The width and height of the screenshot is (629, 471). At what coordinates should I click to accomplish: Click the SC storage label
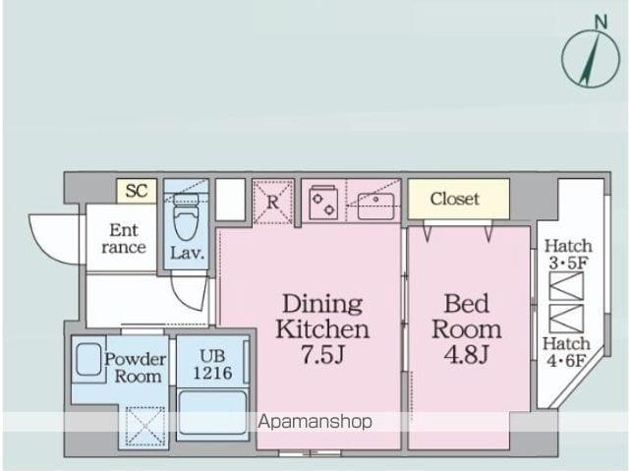pos(137,191)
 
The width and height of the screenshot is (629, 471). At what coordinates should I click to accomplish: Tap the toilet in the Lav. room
pos(186,217)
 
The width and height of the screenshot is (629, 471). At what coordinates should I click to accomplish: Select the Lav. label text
pos(187,253)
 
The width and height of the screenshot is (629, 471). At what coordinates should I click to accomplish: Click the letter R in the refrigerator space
pos(272,203)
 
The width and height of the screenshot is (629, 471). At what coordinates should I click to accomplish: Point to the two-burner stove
pos(323,203)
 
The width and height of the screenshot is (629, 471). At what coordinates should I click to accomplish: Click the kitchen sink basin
pos(375,206)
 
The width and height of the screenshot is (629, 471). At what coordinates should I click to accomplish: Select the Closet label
pos(455,199)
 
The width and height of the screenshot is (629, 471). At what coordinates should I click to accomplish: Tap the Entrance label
pos(124,239)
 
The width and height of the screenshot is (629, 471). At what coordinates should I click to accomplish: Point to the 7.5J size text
pos(322,354)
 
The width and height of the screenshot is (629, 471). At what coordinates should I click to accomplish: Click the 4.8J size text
pos(466,354)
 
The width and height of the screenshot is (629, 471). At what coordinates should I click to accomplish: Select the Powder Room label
pos(136,368)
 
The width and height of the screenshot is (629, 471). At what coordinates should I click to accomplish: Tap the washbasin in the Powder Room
pos(88,360)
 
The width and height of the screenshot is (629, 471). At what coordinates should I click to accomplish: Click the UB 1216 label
pos(212,365)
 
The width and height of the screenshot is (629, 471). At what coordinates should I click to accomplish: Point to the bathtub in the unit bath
pos(212,413)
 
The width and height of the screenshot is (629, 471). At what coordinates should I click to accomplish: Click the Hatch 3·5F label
pos(568,255)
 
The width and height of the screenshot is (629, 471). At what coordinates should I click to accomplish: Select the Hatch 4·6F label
pos(566,352)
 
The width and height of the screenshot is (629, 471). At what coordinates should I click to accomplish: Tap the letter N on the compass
pos(600,22)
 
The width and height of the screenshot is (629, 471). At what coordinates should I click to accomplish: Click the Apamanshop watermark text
pos(314,422)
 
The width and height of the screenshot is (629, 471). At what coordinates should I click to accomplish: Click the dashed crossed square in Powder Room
pos(145,426)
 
